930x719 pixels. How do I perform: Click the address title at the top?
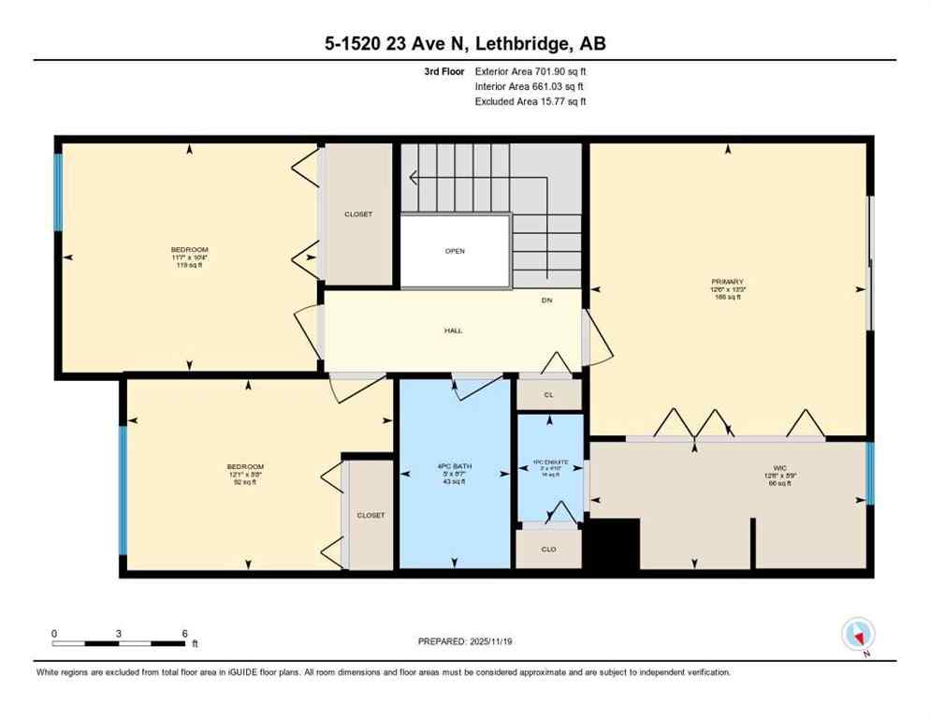pos(465,43)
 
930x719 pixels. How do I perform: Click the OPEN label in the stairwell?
pos(455,251)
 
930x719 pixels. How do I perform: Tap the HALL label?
pos(454,330)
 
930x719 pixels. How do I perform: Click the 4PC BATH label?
pos(455,467)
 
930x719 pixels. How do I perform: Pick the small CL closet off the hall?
pos(549,395)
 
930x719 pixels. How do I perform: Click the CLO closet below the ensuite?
pos(548,549)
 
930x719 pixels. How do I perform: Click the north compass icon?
pos(856,635)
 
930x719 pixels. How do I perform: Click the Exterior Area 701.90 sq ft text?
pos(530,71)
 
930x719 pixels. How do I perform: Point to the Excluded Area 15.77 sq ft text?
pos(530,102)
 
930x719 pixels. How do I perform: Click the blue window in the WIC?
pos(870,465)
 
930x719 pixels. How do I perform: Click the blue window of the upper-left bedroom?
pos(58,192)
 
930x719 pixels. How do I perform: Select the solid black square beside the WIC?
pos(614,544)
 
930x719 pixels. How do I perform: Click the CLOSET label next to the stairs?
pos(358,214)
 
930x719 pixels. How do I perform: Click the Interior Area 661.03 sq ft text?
pos(530,86)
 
